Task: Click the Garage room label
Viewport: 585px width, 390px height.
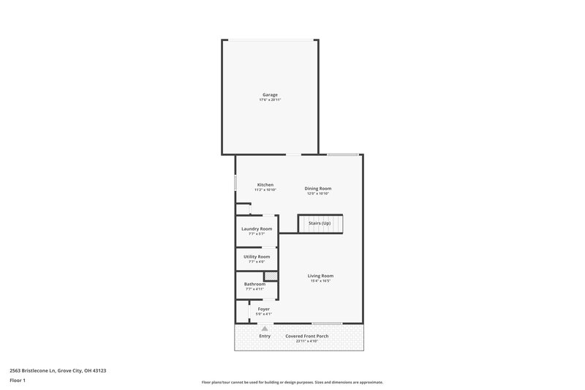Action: coord(271,94)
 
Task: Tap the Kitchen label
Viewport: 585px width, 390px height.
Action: coord(265,184)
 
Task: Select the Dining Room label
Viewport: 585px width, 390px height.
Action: coord(318,188)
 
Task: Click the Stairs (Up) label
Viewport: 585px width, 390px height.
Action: coord(320,223)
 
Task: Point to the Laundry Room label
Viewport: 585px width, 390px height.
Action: coord(257,229)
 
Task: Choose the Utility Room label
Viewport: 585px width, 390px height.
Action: coord(257,257)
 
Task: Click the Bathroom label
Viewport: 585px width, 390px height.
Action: coord(254,284)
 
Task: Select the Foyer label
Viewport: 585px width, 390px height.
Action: coord(264,309)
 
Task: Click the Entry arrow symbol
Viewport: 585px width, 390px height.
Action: coord(265,329)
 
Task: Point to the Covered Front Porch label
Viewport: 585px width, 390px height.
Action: coord(307,336)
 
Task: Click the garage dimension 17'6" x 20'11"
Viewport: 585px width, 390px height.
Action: coord(271,100)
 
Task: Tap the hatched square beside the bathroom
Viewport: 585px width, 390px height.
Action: coord(271,276)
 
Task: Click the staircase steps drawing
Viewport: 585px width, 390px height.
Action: coord(320,224)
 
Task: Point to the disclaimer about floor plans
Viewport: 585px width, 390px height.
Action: coord(292,382)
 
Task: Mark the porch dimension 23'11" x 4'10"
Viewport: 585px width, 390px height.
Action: coord(307,341)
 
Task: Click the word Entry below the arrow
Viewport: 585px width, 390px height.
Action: coord(265,336)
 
